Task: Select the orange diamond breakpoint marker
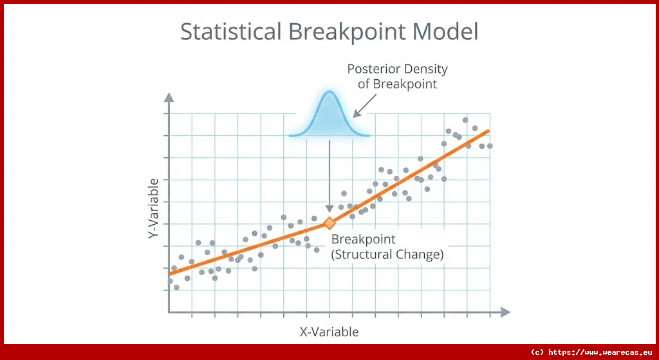tap(329, 223)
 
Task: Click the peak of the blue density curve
tap(329, 91)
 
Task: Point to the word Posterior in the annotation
tap(373, 69)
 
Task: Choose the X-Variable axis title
tap(329, 332)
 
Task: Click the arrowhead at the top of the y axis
tap(169, 97)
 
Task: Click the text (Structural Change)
tap(387, 254)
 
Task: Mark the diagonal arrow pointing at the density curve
tap(365, 105)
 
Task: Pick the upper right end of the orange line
tap(488, 131)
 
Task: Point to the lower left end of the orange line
tap(170, 274)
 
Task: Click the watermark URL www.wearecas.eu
tap(608, 352)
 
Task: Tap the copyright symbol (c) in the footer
tap(537, 352)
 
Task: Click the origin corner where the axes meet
tap(169, 312)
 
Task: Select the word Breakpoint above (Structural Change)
tap(364, 240)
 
